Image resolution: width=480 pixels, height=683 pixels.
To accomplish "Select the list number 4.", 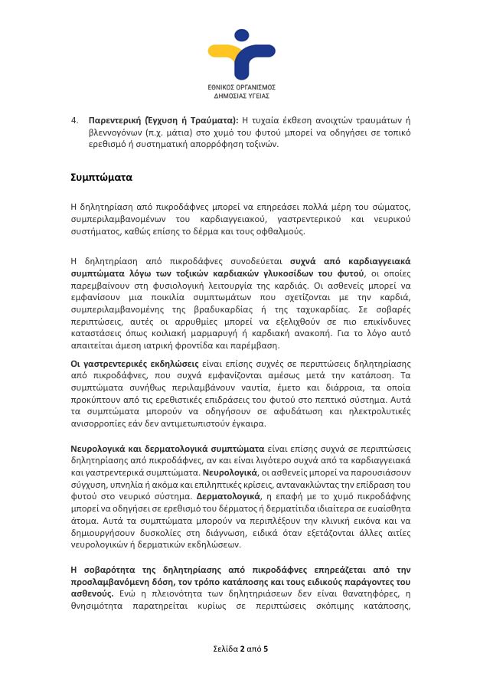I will click(x=73, y=120).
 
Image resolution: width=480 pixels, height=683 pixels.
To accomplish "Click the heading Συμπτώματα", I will click(x=101, y=178).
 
